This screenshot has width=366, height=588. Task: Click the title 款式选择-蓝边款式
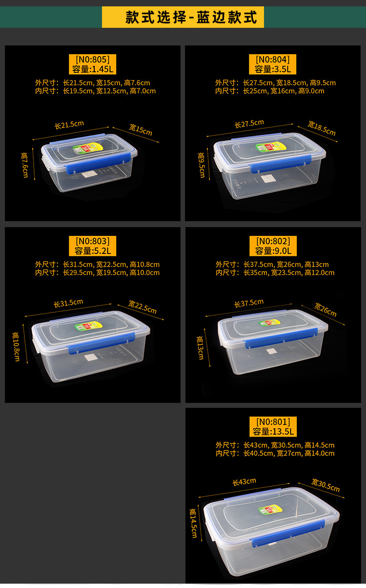(183, 17)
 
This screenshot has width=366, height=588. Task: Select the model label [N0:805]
(92, 60)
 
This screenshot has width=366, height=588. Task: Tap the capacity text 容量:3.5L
(273, 69)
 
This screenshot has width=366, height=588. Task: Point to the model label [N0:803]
(92, 241)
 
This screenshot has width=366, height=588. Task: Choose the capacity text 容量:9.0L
(273, 251)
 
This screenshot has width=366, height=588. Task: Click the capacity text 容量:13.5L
(273, 431)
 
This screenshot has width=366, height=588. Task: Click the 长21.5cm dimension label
(69, 125)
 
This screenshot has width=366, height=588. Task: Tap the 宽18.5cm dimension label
(322, 128)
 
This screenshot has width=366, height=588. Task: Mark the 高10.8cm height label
(17, 347)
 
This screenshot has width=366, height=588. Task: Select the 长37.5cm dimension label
(249, 303)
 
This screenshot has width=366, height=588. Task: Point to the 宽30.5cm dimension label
(325, 485)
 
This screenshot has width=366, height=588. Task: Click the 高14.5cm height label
(193, 523)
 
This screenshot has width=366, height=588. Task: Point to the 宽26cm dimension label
(325, 310)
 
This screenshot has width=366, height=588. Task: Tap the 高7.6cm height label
(25, 165)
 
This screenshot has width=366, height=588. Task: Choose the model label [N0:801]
(273, 421)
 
